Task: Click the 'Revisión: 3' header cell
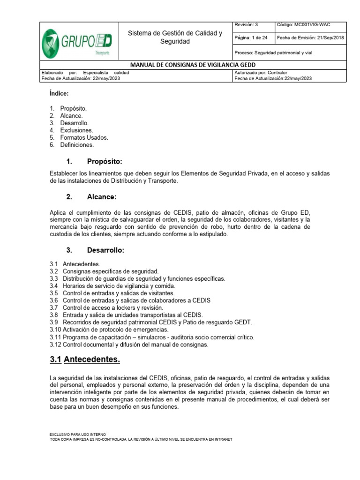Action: [246, 25]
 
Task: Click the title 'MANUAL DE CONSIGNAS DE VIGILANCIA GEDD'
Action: [193, 65]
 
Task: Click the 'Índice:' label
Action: [59, 93]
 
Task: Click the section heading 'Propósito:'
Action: [104, 162]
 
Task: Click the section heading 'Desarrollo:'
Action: [105, 250]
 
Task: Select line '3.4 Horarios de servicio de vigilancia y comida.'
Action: [112, 285]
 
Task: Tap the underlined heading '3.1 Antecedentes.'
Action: [85, 360]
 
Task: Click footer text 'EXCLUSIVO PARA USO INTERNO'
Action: [77, 435]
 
